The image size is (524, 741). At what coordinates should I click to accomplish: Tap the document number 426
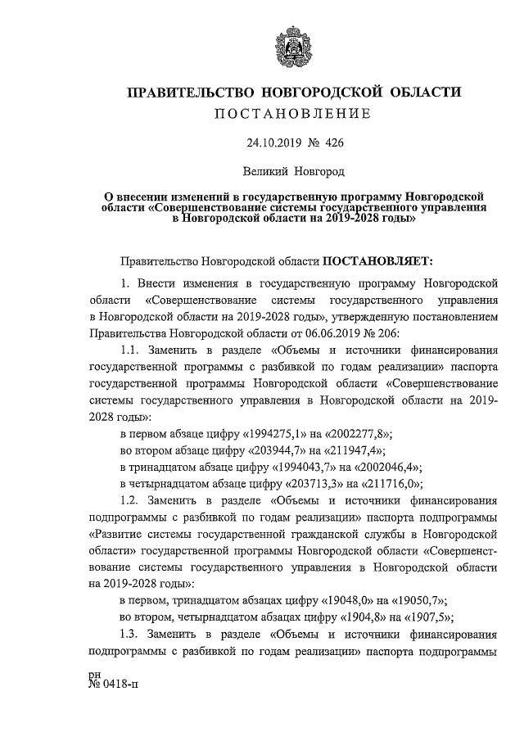click(334, 142)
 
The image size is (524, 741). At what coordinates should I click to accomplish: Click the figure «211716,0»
click(385, 483)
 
